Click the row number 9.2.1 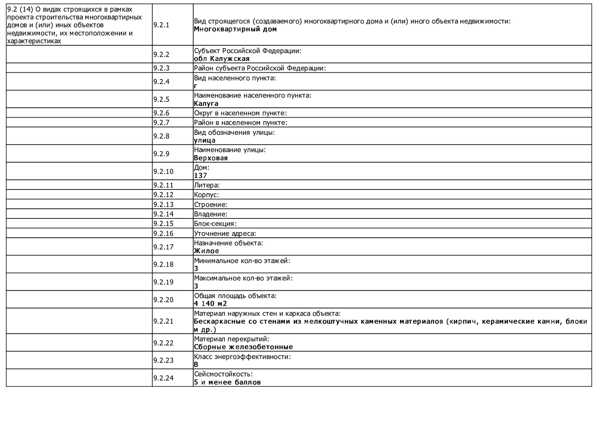coord(161,25)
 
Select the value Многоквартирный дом coord(235,29)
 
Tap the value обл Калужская coord(221,59)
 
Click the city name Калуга coord(206,104)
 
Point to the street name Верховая coord(211,158)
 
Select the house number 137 coord(201,176)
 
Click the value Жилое coord(207,251)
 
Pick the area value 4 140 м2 coord(210,304)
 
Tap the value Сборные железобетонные coord(243,347)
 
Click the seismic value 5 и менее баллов coord(227,382)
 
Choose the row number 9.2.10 coord(163,172)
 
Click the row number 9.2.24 coord(163,378)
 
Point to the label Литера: coord(207,185)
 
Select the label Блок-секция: coord(215,224)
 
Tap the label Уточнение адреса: coord(225,234)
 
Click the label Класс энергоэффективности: coord(242,357)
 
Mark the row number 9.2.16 coord(163,234)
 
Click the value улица coord(205,140)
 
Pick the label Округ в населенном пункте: coord(240,113)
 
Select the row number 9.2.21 coord(163,321)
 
